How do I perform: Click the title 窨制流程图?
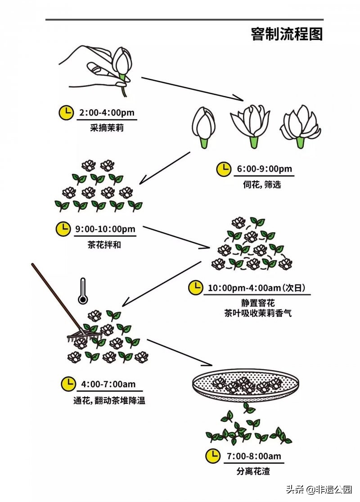point(287,34)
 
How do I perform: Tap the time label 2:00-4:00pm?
point(107,112)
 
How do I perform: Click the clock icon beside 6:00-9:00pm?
point(224,169)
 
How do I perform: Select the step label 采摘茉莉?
point(107,127)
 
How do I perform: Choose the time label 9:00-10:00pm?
point(105,229)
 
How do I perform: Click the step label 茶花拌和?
point(104,245)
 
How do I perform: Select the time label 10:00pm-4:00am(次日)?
point(259,287)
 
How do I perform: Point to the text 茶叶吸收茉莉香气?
point(258,313)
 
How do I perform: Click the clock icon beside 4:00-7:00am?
point(68,384)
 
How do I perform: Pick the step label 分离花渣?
point(253,471)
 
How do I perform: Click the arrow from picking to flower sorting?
point(193,88)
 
